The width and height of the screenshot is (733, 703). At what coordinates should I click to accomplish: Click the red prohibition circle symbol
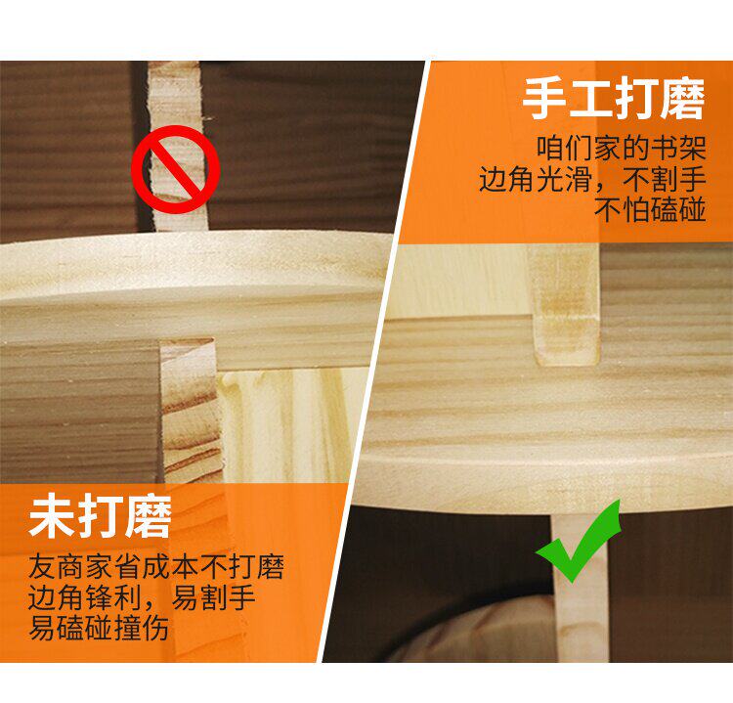[175, 169]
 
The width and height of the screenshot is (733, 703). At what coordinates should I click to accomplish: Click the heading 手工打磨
[614, 99]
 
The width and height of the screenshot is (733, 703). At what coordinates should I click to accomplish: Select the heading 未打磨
[100, 517]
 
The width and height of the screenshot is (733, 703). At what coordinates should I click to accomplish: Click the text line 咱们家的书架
[622, 149]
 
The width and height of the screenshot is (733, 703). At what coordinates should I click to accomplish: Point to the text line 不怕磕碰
[650, 209]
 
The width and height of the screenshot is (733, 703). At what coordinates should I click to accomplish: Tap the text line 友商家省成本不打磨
[156, 567]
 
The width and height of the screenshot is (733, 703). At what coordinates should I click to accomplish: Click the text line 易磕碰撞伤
[99, 628]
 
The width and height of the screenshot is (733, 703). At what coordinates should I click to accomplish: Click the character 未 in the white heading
[51, 517]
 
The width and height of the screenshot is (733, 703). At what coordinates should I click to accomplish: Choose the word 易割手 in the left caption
[214, 597]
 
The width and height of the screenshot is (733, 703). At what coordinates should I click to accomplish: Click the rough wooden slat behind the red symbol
[178, 146]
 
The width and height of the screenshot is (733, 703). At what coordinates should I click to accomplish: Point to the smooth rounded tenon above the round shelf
[564, 304]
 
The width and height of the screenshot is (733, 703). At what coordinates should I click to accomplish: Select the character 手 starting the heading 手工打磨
[544, 99]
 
